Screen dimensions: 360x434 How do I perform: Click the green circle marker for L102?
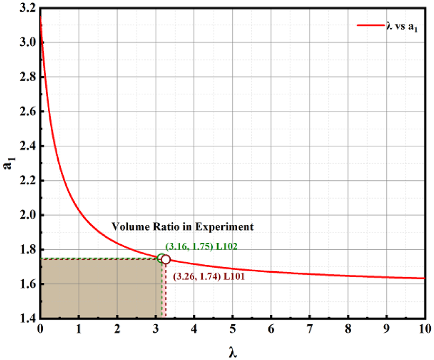[x=162, y=258]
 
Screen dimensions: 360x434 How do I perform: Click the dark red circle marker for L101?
[x=166, y=259]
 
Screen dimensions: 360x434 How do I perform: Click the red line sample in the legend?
[x=370, y=25]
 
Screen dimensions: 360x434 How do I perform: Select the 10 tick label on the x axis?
[x=425, y=328]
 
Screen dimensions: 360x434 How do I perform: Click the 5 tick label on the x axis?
[x=232, y=328]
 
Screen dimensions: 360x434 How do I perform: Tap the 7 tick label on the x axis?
[x=309, y=328]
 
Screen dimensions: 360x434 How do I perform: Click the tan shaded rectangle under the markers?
[x=100, y=288]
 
